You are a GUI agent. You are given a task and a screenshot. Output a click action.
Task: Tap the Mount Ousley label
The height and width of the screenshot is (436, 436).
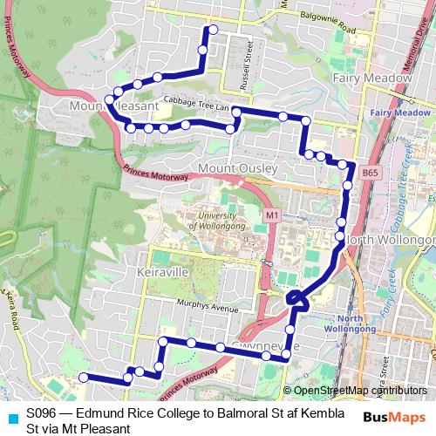pyautogui.click(x=238, y=167)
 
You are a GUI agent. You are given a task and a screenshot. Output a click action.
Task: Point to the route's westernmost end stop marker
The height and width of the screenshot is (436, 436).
pyautogui.click(x=83, y=377)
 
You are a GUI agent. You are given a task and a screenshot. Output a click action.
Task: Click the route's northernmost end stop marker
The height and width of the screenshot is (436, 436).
pyautogui.click(x=209, y=31)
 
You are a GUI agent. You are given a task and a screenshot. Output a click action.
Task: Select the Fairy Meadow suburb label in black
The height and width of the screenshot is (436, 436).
pyautogui.click(x=371, y=78)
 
